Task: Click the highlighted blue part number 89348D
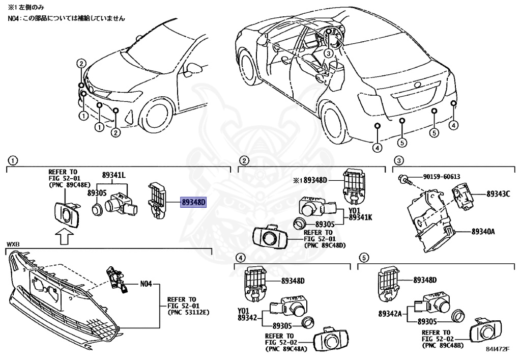(x=193, y=202)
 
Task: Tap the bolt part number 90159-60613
(x=441, y=177)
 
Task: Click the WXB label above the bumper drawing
(x=12, y=245)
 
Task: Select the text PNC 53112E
(x=187, y=312)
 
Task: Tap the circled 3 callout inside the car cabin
(x=329, y=53)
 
